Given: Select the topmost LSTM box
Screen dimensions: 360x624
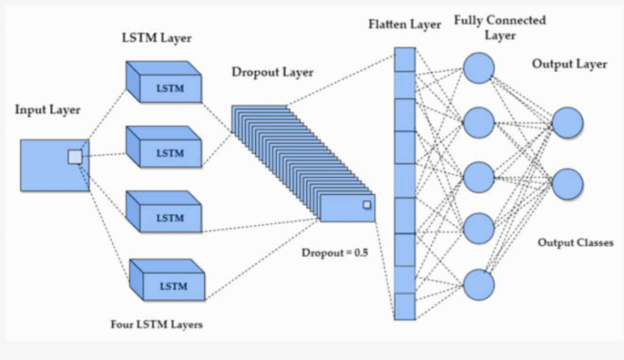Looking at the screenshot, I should point(167,85).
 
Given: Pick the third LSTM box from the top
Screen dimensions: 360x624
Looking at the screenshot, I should point(167,215).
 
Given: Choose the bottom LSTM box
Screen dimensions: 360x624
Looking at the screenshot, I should point(167,284).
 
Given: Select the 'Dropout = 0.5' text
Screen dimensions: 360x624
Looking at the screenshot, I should point(335,253).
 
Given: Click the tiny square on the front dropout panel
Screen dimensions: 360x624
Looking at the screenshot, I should point(366,205).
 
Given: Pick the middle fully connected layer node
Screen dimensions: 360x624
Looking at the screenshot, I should point(479,176).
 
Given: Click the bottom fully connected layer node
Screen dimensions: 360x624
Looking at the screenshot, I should point(479,283).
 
